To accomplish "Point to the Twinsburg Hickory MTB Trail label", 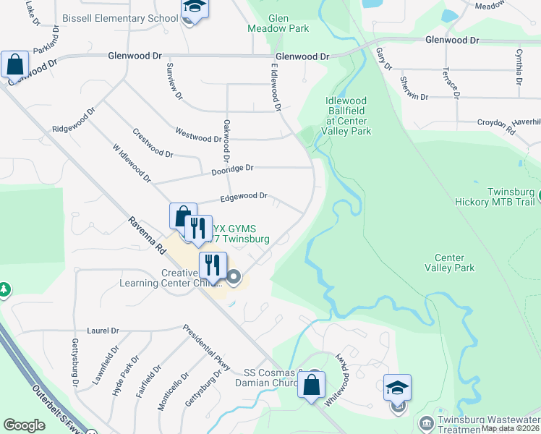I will (x=500, y=197).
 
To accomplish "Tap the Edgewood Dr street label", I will (x=244, y=196).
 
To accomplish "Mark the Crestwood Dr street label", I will (x=153, y=143).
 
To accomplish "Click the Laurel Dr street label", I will (x=103, y=331).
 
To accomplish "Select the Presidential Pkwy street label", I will (x=206, y=347).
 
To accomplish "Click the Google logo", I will (x=24, y=425).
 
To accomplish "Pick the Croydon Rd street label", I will (x=500, y=128).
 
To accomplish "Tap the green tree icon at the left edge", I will (x=4, y=291).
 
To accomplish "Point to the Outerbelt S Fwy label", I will (x=52, y=405).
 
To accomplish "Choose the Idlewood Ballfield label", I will (x=348, y=116).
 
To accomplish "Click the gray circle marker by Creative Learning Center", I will (x=234, y=276).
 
